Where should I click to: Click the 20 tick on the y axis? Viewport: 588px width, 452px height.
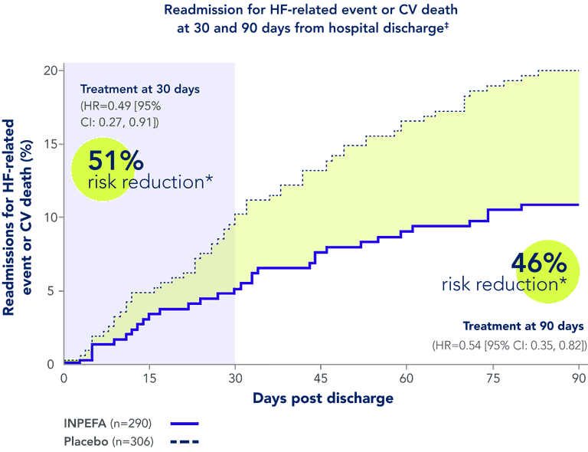click(51, 70)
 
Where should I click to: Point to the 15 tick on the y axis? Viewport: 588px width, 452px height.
click(51, 143)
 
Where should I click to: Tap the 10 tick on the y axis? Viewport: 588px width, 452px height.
click(51, 217)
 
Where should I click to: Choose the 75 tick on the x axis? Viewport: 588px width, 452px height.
click(493, 378)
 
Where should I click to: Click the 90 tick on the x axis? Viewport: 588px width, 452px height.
click(579, 378)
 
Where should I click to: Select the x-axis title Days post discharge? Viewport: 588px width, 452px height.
click(322, 398)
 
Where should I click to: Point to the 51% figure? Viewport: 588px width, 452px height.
click(116, 162)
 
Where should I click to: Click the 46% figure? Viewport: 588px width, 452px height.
click(539, 264)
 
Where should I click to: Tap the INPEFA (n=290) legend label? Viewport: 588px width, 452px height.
click(108, 423)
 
